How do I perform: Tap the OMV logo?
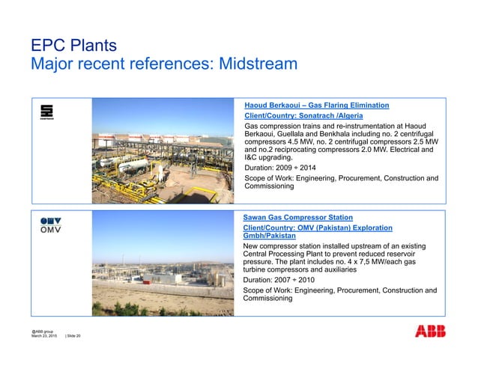51,225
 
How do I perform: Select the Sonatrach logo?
46,112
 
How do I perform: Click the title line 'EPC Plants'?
73,47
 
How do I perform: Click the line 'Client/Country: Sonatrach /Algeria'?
304,116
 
